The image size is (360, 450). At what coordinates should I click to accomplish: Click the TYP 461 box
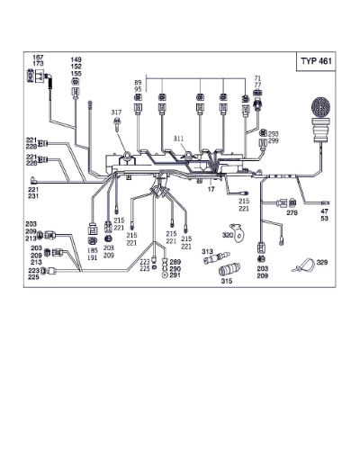click(x=316, y=61)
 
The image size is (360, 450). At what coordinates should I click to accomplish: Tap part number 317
click(x=116, y=112)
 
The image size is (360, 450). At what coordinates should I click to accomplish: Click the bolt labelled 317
click(x=116, y=124)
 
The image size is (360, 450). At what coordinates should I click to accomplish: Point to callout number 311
click(x=178, y=139)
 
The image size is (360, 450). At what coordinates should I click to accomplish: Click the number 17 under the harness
click(x=211, y=189)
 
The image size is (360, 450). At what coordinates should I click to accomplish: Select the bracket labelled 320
click(x=238, y=233)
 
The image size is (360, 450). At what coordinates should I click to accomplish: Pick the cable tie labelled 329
click(x=303, y=265)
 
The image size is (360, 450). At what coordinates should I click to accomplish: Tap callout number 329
click(x=322, y=263)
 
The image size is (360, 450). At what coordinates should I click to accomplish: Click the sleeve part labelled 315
click(x=229, y=269)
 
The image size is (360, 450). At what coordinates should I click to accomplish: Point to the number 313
click(x=207, y=251)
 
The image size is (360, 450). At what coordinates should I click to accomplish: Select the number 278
click(x=292, y=212)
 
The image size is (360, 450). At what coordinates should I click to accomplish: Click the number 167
click(x=38, y=57)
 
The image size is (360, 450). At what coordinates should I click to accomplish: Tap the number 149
click(x=76, y=60)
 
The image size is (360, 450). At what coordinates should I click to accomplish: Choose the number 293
click(x=274, y=134)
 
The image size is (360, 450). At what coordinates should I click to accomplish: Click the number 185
click(x=93, y=250)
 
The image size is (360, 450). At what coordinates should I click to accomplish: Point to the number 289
click(x=175, y=262)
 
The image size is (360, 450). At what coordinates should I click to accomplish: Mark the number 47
click(x=324, y=211)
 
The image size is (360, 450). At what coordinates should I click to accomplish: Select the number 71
click(x=257, y=78)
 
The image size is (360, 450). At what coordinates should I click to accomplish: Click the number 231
click(x=33, y=196)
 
